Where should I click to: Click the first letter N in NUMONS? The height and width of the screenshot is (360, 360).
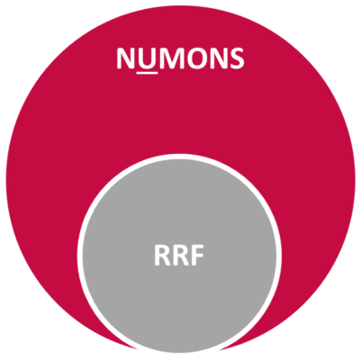pyautogui.click(x=126, y=58)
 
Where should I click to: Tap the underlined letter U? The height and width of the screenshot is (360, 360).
pyautogui.click(x=148, y=58)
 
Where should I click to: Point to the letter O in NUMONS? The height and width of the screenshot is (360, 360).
pyautogui.click(x=198, y=58)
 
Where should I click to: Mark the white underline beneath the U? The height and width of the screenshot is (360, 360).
pyautogui.click(x=147, y=72)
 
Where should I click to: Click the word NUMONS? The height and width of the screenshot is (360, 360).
pyautogui.click(x=181, y=58)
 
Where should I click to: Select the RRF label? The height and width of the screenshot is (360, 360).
pyautogui.click(x=179, y=256)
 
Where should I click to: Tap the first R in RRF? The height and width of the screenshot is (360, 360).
pyautogui.click(x=162, y=256)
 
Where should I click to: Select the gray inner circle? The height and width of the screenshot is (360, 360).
pyautogui.click(x=179, y=255)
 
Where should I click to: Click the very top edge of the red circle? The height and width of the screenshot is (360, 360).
pyautogui.click(x=181, y=6)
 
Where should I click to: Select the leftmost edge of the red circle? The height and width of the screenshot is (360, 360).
pyautogui.click(x=6, y=180)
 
